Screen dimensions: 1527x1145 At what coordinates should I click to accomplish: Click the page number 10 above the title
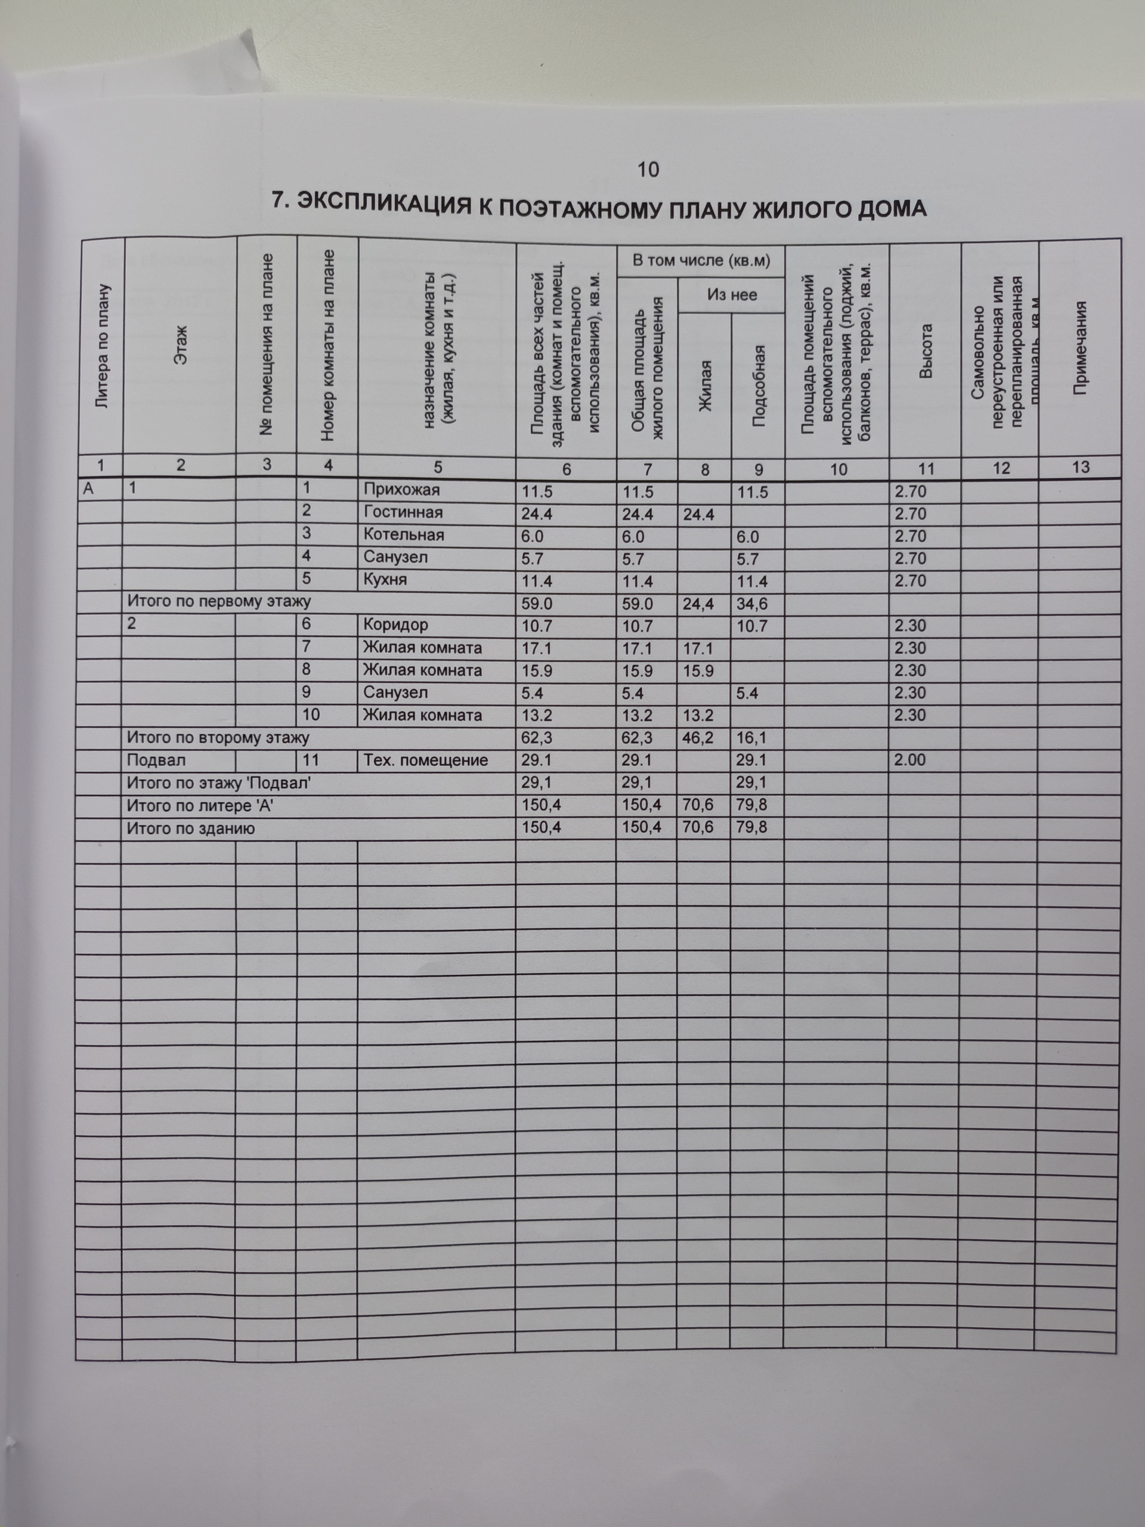(x=648, y=169)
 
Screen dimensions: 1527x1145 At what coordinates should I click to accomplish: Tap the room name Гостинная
(x=403, y=512)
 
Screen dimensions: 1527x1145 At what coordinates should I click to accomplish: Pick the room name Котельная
(x=404, y=535)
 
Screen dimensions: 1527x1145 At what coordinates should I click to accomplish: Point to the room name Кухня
(x=385, y=579)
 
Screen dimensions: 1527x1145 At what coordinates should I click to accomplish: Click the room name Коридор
(x=395, y=625)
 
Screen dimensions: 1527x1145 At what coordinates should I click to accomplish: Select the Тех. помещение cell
(x=425, y=760)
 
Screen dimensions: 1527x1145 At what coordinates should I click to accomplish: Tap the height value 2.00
(x=909, y=760)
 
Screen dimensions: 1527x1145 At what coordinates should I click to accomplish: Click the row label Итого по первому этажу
(x=219, y=601)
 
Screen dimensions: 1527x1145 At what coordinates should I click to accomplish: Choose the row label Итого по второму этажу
(x=218, y=737)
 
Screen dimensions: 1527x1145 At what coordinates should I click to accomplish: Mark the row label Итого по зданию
(x=190, y=829)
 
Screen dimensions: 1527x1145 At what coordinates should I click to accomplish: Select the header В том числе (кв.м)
(x=701, y=260)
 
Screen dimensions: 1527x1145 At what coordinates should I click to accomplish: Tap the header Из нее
(x=732, y=295)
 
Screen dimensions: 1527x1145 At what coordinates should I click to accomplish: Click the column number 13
(x=1080, y=468)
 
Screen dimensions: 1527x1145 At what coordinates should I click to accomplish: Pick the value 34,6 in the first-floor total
(x=751, y=604)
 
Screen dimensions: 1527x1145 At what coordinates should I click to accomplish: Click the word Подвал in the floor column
(x=156, y=760)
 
